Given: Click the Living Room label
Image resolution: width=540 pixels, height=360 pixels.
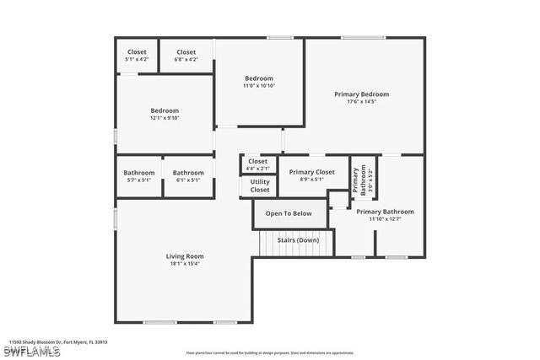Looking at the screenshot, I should (x=184, y=256).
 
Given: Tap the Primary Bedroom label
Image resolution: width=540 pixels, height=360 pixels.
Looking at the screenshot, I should (x=362, y=94).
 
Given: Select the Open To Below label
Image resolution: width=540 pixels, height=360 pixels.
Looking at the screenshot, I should (x=289, y=213).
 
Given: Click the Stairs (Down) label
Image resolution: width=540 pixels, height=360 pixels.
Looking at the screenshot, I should (x=297, y=240).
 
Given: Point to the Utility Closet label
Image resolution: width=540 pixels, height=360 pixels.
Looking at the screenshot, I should (x=260, y=185).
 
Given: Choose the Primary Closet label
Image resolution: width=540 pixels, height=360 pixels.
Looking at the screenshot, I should (x=312, y=172).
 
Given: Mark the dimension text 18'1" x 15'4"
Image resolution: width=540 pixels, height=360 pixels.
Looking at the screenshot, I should (x=184, y=263).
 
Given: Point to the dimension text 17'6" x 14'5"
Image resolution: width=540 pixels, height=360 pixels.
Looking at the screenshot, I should (x=362, y=102).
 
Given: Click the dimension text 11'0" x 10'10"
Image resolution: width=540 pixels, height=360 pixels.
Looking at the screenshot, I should (x=259, y=86).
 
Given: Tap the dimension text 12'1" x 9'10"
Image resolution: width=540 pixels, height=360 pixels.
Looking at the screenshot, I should (x=165, y=118).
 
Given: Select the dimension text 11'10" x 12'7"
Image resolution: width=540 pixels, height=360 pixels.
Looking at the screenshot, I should (x=385, y=219).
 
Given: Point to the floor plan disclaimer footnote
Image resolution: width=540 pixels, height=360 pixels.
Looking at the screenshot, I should (x=270, y=352).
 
